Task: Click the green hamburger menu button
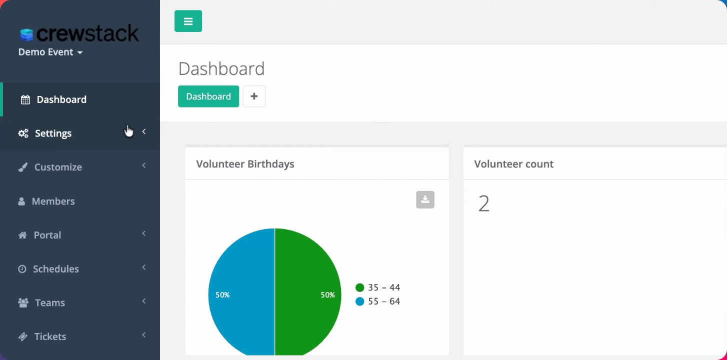click(x=188, y=21)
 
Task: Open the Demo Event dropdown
click(x=50, y=52)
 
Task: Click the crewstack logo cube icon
click(x=26, y=34)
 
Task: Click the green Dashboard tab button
click(x=208, y=96)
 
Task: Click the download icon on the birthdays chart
click(x=425, y=199)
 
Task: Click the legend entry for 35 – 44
click(x=378, y=287)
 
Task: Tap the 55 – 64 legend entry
click(x=378, y=301)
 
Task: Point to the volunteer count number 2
click(x=484, y=204)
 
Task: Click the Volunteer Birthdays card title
click(x=245, y=164)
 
